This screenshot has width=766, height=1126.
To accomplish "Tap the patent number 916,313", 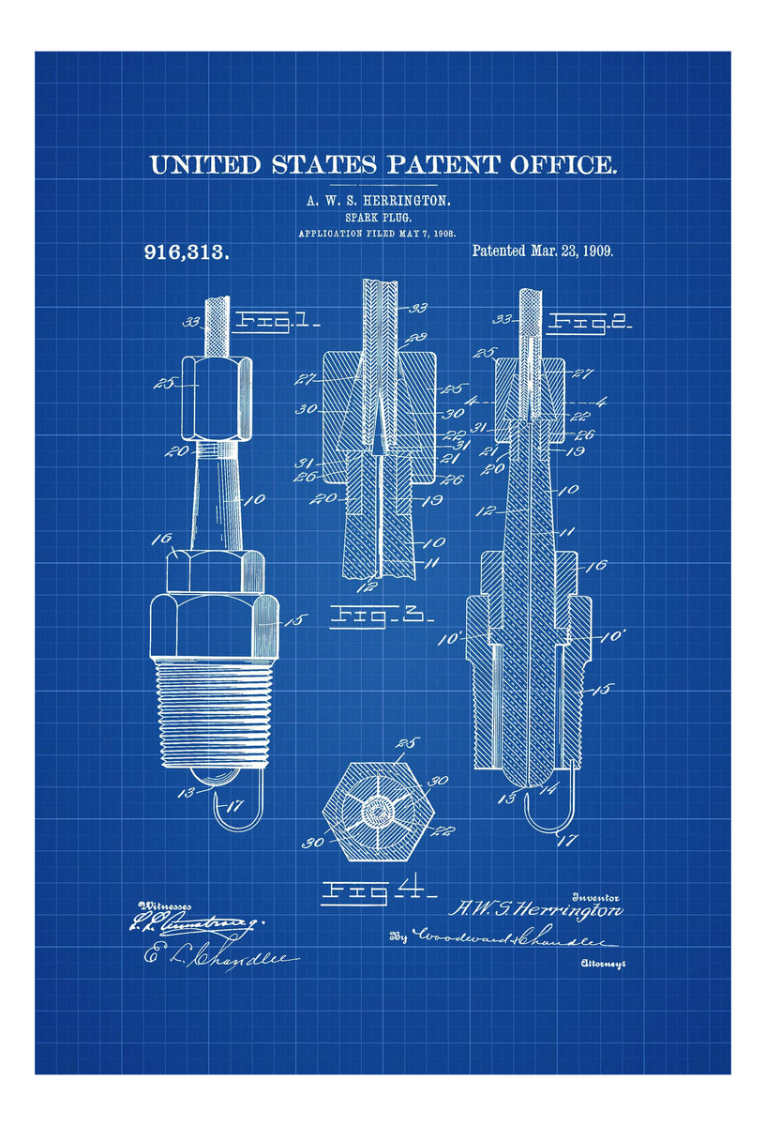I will tap(187, 251).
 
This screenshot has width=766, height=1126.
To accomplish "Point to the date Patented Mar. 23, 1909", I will tap(543, 251).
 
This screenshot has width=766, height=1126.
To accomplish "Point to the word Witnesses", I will tap(164, 906).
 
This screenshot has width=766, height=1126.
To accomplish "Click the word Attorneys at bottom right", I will tap(604, 964).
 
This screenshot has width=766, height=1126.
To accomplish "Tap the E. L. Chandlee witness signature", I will tap(220, 957).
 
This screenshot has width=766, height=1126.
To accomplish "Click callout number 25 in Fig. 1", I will tap(169, 383).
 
